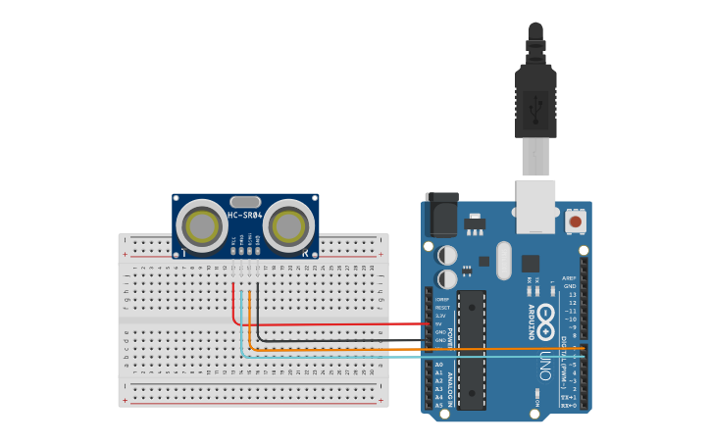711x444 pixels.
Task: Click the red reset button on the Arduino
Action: click(x=575, y=222)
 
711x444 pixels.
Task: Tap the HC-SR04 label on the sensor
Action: click(x=245, y=215)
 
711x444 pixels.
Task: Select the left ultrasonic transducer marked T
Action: click(x=203, y=226)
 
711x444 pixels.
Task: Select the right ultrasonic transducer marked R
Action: click(x=288, y=226)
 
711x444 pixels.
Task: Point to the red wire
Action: click(x=333, y=324)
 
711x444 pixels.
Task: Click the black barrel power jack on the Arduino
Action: click(x=441, y=215)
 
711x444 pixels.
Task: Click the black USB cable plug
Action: click(x=535, y=98)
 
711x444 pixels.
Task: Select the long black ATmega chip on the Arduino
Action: click(x=472, y=348)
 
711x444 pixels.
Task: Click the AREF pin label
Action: click(x=569, y=278)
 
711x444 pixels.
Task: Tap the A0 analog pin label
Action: click(x=438, y=365)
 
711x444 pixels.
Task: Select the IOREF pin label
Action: click(x=442, y=299)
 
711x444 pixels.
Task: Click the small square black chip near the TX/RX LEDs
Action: click(x=531, y=263)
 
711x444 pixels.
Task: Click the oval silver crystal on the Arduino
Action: click(x=504, y=260)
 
